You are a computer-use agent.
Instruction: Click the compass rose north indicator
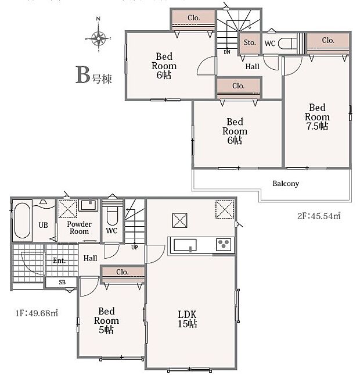[x=99, y=19]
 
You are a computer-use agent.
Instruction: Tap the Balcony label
[x=286, y=184]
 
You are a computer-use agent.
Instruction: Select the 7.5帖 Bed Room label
[x=317, y=117]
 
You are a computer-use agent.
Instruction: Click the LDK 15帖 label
[x=188, y=319]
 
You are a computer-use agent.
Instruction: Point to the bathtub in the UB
[x=22, y=220]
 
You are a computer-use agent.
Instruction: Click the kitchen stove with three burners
[x=224, y=244]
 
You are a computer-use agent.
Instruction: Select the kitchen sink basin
[x=185, y=245]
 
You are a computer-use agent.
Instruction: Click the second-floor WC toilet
[x=287, y=44]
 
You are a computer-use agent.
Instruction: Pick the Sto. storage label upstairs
[x=250, y=42]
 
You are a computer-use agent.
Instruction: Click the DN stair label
[x=227, y=52]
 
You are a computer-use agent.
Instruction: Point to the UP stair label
[x=135, y=248]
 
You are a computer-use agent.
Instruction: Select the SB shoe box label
[x=62, y=282]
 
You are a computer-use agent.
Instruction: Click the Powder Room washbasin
[x=88, y=205]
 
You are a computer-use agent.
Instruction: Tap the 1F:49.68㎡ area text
[x=37, y=313]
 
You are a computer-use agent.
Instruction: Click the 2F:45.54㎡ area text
[x=319, y=216]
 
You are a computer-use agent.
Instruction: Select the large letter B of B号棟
[x=82, y=74]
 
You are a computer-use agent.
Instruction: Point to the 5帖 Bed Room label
[x=106, y=320]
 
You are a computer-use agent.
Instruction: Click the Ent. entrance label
[x=59, y=260]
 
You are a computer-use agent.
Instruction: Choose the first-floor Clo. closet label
[x=122, y=272]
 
